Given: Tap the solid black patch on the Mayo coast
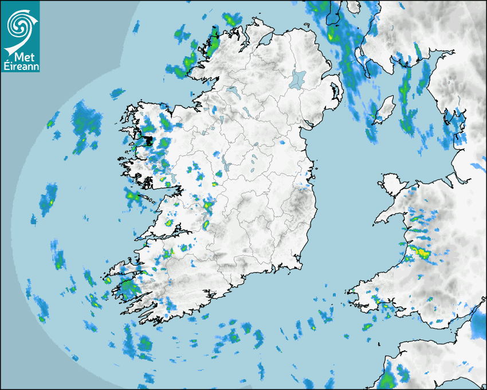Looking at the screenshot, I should tap(148, 141).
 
